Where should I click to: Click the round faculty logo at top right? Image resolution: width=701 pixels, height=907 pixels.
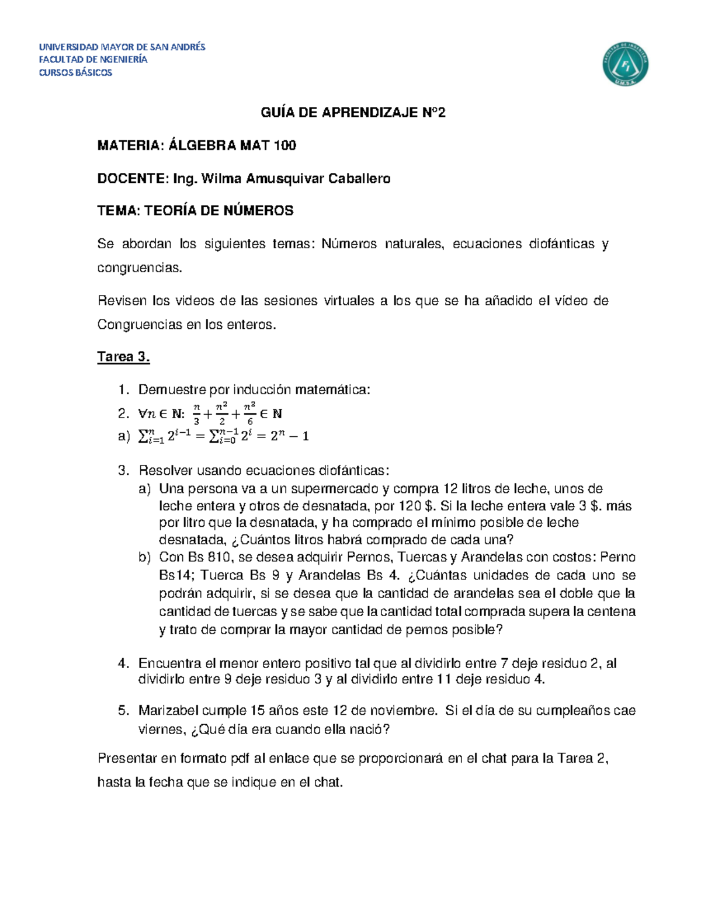(x=625, y=64)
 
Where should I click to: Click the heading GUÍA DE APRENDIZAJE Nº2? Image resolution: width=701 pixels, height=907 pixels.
(x=353, y=113)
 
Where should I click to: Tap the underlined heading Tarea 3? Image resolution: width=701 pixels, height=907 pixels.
(x=123, y=357)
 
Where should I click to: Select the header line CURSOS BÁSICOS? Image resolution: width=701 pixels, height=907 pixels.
(x=75, y=72)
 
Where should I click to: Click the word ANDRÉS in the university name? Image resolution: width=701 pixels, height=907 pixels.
(x=186, y=47)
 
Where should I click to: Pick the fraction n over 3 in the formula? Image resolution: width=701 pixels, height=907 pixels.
(x=196, y=413)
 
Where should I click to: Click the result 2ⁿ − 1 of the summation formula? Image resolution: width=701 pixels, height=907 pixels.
(x=290, y=436)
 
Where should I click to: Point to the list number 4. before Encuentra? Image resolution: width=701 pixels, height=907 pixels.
(x=123, y=663)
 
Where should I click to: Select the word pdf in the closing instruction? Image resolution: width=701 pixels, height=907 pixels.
(x=240, y=759)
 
